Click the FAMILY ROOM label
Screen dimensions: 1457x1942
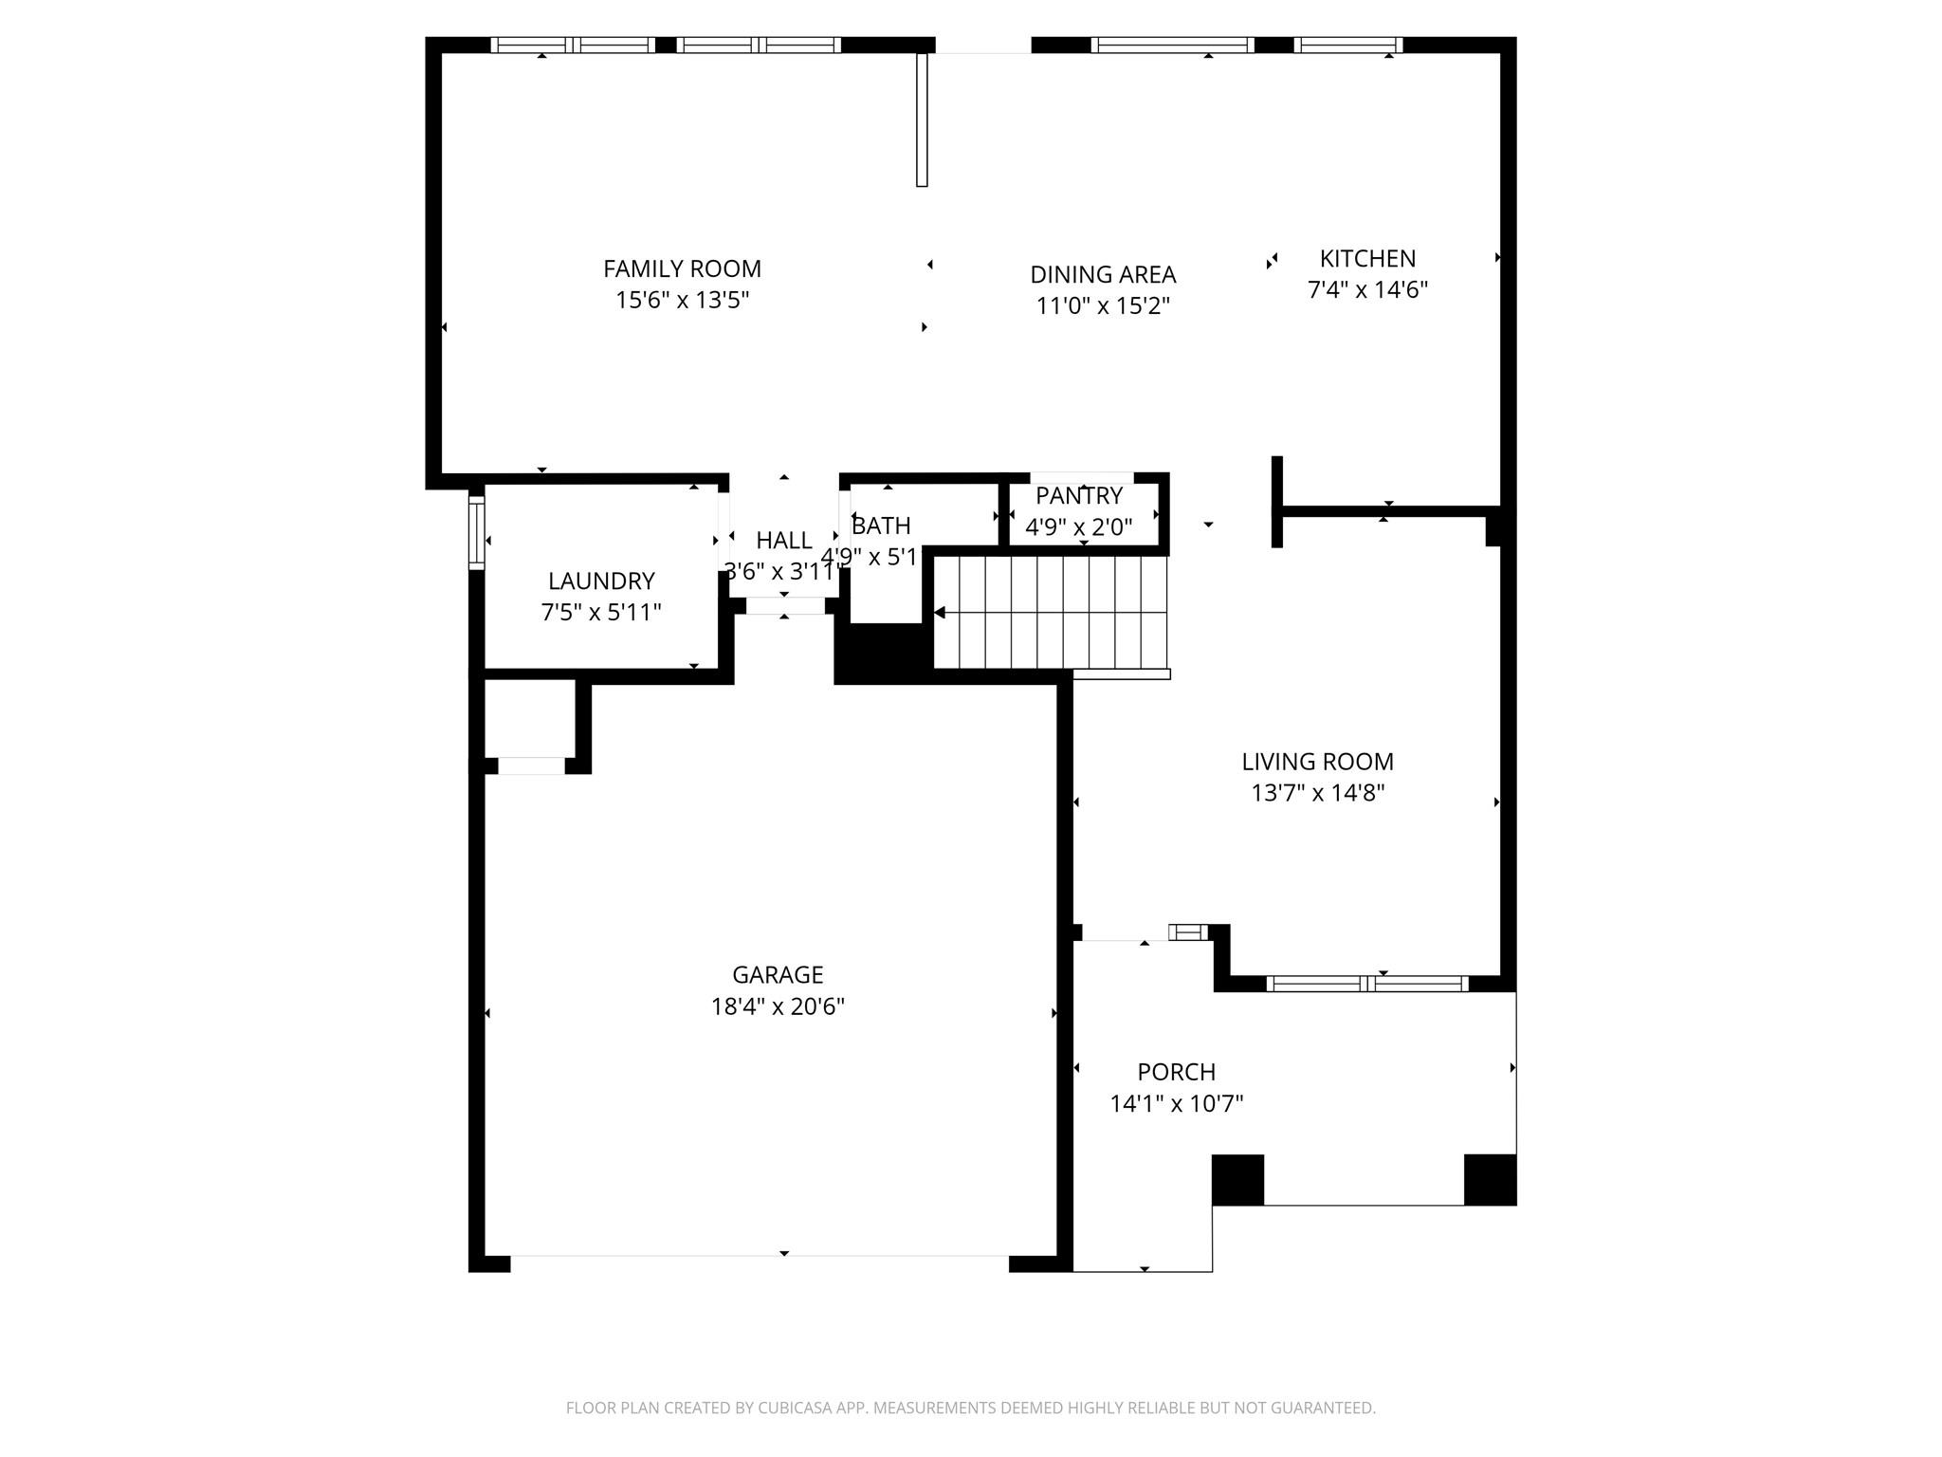click(x=682, y=268)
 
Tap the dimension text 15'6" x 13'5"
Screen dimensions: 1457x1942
click(x=682, y=300)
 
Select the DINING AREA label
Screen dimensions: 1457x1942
click(x=1103, y=274)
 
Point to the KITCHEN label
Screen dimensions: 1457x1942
click(x=1367, y=258)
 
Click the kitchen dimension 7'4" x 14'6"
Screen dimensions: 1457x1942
click(x=1367, y=289)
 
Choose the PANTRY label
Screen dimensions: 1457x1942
click(x=1079, y=495)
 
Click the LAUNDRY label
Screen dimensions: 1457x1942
click(x=601, y=581)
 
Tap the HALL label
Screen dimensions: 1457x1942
click(x=783, y=540)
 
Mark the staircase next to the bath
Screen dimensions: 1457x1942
click(x=1051, y=613)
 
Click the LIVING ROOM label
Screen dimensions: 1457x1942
click(x=1317, y=761)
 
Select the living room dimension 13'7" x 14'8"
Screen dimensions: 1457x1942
click(x=1317, y=792)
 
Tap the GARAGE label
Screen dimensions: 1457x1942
click(x=778, y=974)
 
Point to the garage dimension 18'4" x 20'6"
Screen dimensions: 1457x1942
click(x=778, y=1005)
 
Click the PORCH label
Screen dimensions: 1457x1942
click(x=1176, y=1072)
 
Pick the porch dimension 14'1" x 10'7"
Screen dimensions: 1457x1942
click(x=1176, y=1103)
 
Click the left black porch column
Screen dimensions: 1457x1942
click(x=1237, y=1179)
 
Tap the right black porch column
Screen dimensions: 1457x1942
click(x=1490, y=1179)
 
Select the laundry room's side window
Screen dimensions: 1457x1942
click(x=477, y=532)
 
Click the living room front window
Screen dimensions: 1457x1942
click(x=1366, y=984)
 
